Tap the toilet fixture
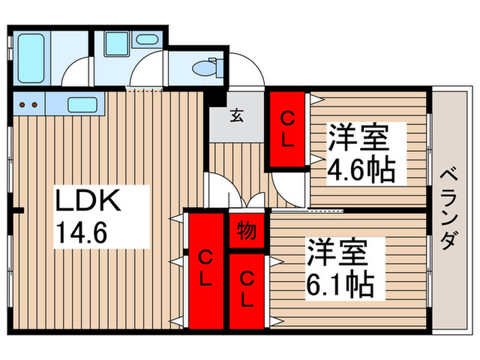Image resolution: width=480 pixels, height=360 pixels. point(203,69)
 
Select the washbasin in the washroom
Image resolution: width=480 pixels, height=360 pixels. point(146,39)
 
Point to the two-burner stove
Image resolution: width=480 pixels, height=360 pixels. point(27,105)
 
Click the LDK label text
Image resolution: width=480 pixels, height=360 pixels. point(88,203)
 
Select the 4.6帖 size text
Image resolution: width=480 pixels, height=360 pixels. point(361,169)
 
